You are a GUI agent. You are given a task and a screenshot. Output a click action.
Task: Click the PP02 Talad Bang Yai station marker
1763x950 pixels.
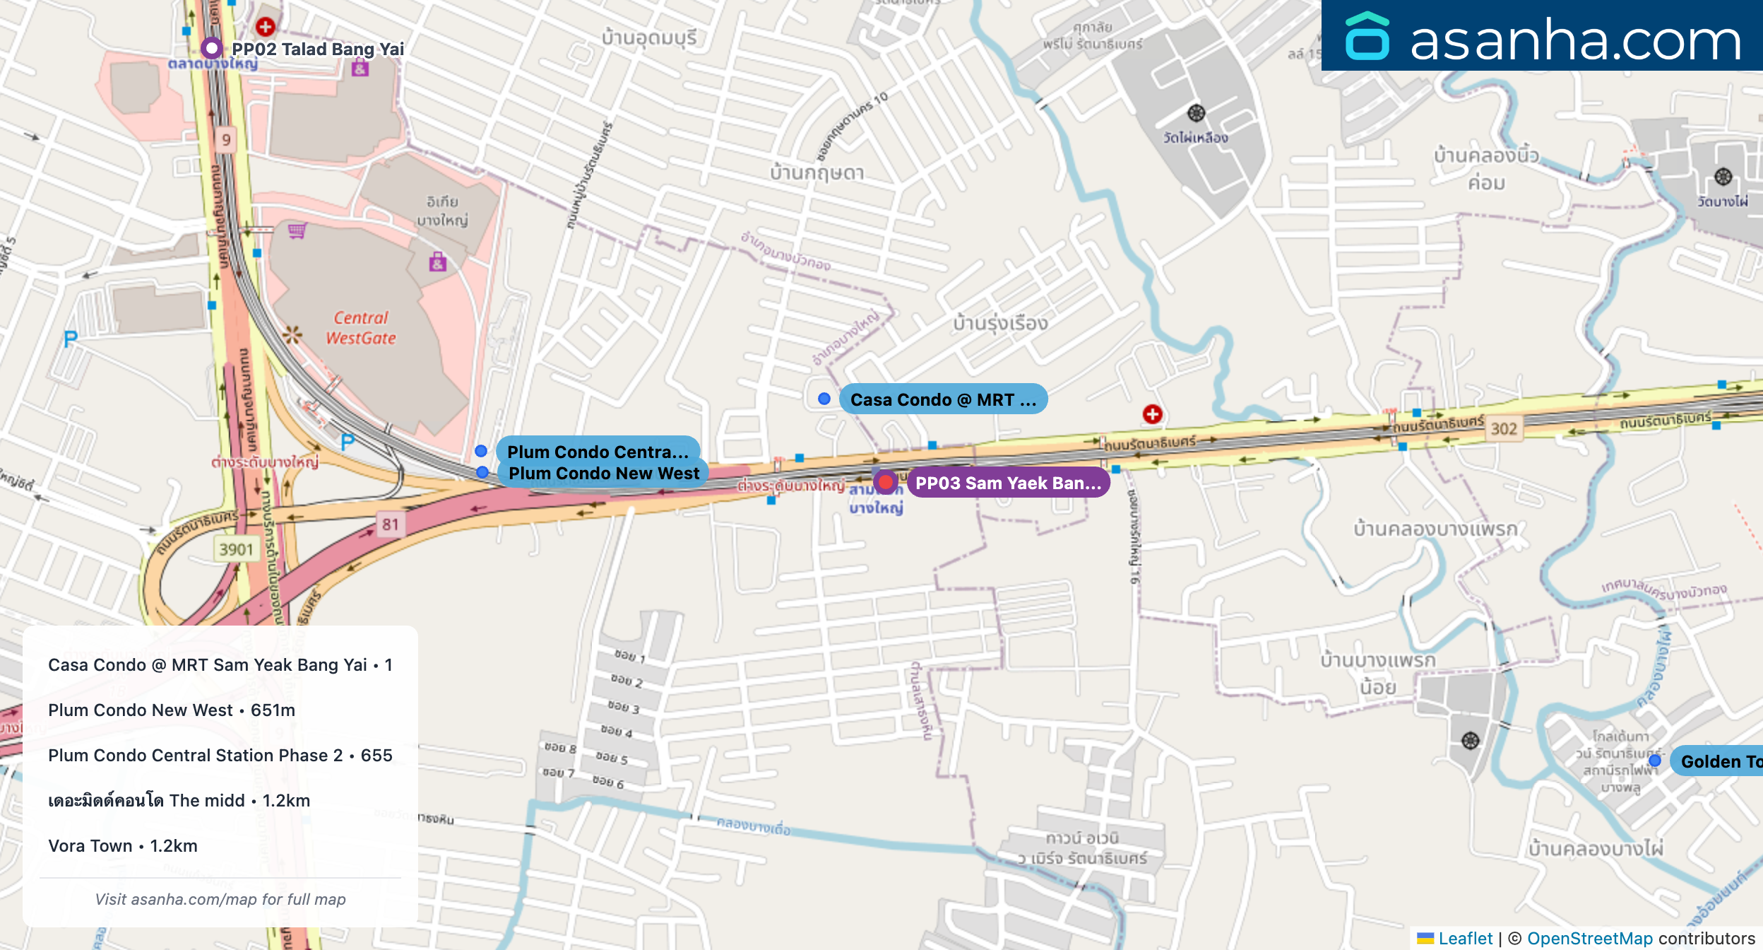pos(212,48)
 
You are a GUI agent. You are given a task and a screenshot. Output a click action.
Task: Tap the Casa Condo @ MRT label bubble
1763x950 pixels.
pos(943,399)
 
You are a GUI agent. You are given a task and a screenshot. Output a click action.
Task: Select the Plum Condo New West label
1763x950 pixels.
pos(603,474)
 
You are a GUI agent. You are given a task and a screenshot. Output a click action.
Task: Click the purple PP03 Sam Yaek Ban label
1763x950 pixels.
pos(1008,483)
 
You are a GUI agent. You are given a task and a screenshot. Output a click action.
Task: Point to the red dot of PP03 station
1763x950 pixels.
pos(885,483)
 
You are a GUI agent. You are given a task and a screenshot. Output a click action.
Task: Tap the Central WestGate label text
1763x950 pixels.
pos(361,328)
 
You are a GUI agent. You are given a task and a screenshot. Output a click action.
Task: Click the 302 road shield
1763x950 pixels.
pos(1504,428)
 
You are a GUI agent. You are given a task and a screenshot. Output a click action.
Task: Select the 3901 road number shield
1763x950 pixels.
pos(236,549)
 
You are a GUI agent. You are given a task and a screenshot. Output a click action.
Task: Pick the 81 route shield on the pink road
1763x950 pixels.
pos(390,524)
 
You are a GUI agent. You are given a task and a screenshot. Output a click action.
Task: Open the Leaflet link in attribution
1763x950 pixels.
pos(1465,938)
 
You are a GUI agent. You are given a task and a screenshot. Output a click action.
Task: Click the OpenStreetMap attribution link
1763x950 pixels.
pos(1590,938)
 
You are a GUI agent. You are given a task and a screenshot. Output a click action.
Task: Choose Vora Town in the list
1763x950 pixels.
pos(123,846)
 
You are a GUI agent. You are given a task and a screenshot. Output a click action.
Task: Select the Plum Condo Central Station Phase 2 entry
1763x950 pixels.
pos(220,756)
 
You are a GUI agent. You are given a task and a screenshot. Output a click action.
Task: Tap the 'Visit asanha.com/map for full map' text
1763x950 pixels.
pos(220,899)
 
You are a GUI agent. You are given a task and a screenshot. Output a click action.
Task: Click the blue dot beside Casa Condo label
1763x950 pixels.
pos(824,399)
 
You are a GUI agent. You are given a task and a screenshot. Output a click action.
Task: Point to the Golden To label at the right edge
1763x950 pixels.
pos(1720,761)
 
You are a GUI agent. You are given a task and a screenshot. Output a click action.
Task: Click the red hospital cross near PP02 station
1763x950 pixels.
pos(266,27)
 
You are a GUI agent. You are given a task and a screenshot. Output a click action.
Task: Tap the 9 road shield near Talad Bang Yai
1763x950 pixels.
pos(226,139)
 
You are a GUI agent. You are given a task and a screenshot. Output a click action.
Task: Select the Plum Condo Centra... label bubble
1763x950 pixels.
pos(598,451)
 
